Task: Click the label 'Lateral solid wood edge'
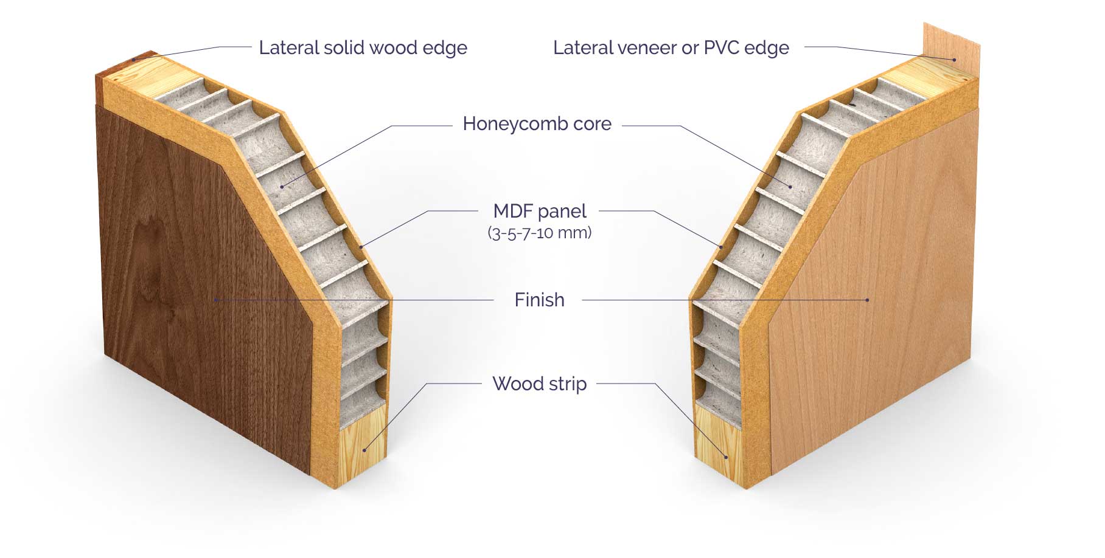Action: click(x=363, y=47)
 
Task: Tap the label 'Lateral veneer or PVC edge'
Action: click(x=671, y=47)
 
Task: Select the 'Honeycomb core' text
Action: click(x=537, y=123)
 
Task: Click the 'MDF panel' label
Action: click(x=540, y=211)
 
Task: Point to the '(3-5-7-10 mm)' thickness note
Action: click(x=540, y=232)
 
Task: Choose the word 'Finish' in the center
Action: click(x=539, y=300)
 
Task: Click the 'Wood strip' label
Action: click(x=539, y=384)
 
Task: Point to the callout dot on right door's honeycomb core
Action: click(x=791, y=186)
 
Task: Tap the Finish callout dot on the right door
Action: click(x=868, y=300)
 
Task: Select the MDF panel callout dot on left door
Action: click(x=361, y=247)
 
